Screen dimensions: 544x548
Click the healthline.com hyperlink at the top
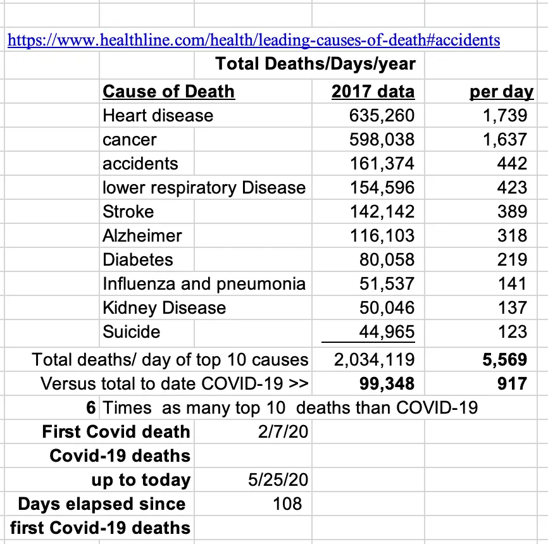tap(253, 40)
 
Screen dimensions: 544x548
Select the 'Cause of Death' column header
tap(168, 92)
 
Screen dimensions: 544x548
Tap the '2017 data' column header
tap(373, 92)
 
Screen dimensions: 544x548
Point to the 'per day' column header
tap(501, 92)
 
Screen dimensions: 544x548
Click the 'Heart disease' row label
tap(158, 116)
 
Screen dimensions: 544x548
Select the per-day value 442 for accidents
tap(512, 164)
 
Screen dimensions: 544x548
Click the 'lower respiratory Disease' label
tap(204, 188)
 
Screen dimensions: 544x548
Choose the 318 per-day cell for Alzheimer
tap(512, 236)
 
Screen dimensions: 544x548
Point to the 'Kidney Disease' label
tap(165, 308)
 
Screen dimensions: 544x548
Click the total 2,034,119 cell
tap(374, 360)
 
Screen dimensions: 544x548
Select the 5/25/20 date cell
tap(278, 480)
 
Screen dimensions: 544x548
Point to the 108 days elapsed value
tap(283, 504)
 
